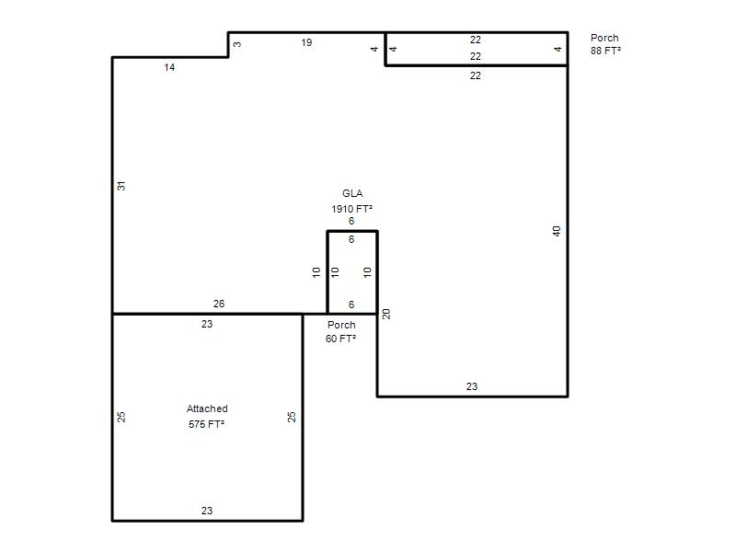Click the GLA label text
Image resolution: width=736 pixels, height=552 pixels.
click(x=352, y=193)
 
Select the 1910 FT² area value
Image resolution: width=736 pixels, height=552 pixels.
click(x=352, y=209)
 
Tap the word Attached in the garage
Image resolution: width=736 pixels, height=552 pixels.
click(x=207, y=408)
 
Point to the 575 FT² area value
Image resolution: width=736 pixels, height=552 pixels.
click(x=206, y=424)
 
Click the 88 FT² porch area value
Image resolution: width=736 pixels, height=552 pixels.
click(x=605, y=51)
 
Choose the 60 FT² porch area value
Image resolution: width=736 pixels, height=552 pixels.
click(x=340, y=339)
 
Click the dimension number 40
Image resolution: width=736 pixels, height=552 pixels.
click(x=557, y=231)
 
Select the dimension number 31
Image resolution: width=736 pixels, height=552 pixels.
click(x=121, y=186)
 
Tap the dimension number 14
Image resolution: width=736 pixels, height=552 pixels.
click(x=169, y=67)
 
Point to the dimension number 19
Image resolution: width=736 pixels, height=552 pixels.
click(x=306, y=42)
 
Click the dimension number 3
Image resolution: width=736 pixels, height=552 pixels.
click(x=237, y=44)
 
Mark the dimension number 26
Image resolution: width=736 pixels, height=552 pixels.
click(x=219, y=304)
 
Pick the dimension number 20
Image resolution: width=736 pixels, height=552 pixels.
click(x=386, y=314)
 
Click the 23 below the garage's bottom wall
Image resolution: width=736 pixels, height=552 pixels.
click(x=207, y=511)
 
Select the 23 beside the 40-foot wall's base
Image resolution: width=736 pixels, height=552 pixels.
click(x=472, y=386)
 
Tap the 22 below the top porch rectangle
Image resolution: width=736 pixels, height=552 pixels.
click(x=476, y=75)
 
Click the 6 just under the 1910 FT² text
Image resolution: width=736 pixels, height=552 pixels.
click(x=351, y=221)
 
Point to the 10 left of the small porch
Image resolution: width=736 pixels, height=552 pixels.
click(x=316, y=271)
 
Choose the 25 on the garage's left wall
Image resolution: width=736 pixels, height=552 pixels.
click(x=121, y=417)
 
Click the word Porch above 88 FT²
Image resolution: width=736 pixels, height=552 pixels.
click(x=604, y=38)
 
